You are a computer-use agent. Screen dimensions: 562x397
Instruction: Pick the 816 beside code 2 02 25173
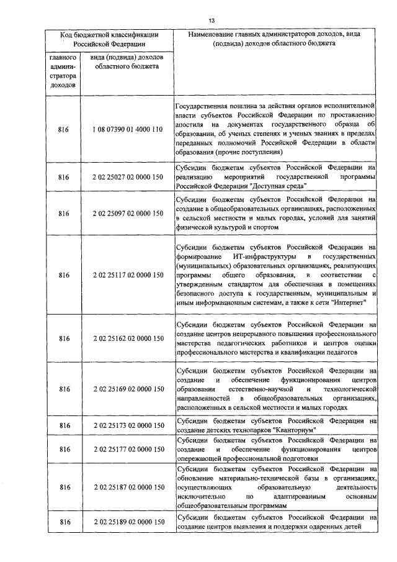[63, 425]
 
